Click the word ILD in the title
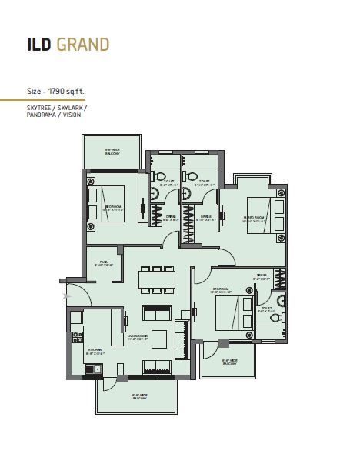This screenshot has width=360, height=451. [40, 44]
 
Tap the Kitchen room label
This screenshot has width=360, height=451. [95, 351]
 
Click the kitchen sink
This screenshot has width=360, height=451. [90, 368]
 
